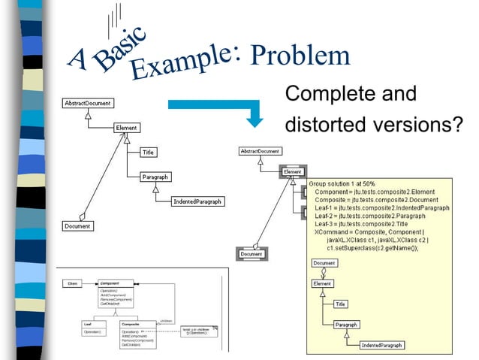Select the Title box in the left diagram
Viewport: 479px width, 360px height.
pos(148,153)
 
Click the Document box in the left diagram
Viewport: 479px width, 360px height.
pos(77,225)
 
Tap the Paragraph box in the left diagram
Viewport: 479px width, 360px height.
pos(155,177)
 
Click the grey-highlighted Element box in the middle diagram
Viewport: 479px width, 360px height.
pos(291,172)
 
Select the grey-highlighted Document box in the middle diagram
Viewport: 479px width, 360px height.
pos(252,254)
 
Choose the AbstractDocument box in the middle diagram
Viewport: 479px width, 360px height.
pos(260,151)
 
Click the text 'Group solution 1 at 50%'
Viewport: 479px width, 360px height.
pos(342,183)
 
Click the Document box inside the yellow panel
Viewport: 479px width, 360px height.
pos(324,264)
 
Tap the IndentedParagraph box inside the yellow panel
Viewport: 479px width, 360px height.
pos(381,345)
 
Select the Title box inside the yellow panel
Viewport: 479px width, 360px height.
pos(341,304)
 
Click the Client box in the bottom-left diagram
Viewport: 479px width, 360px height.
pos(73,283)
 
